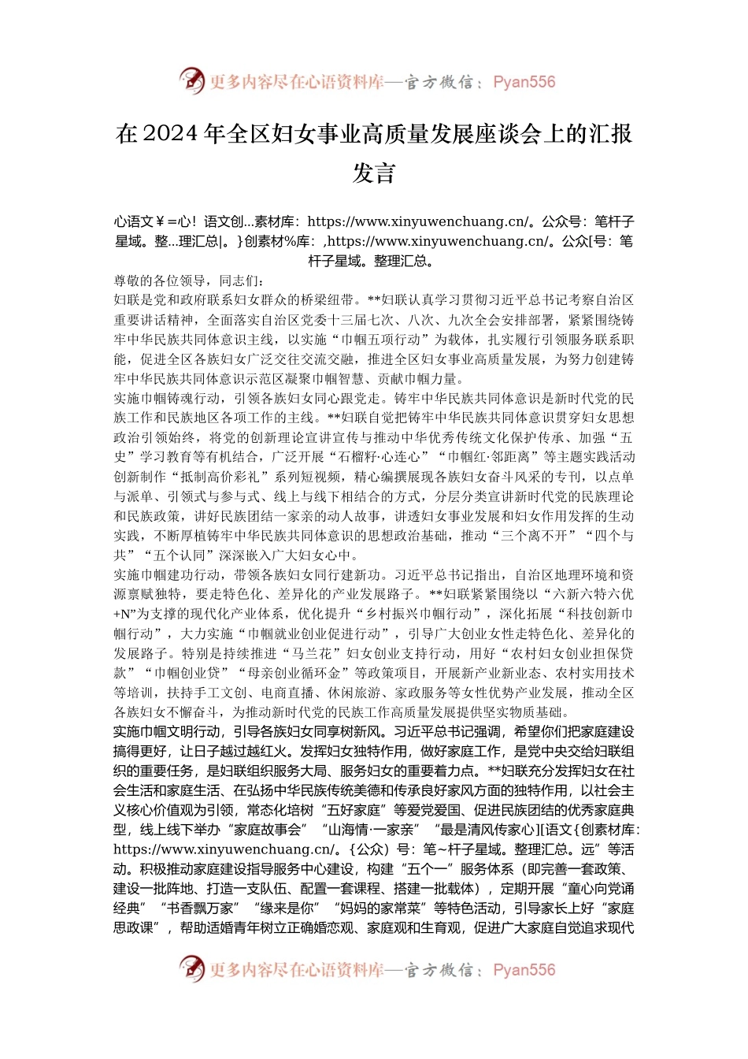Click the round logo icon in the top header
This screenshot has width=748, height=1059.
[x=192, y=80]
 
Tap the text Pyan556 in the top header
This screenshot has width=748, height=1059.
[x=524, y=82]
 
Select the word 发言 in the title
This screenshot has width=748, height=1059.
[x=373, y=173]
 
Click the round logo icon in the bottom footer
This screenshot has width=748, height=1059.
[x=192, y=968]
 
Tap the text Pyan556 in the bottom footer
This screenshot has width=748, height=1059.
[x=524, y=970]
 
